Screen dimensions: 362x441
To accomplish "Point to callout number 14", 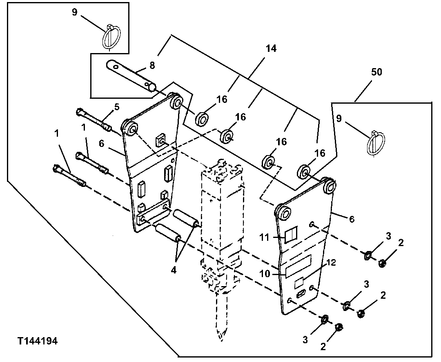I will (271, 49).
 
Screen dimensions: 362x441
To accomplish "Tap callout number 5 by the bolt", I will (117, 107).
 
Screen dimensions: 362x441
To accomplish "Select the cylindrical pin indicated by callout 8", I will (131, 76).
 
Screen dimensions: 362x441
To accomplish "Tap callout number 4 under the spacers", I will (173, 270).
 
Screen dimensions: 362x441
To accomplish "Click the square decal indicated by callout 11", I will (291, 236).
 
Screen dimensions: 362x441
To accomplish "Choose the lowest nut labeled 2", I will (339, 327).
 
